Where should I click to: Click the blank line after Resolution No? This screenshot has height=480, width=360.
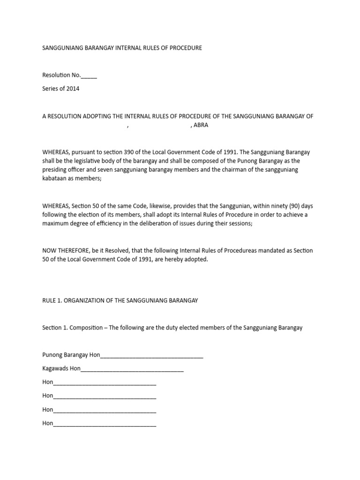[x=89, y=75]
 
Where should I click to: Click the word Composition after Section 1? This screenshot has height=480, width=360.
[x=86, y=328]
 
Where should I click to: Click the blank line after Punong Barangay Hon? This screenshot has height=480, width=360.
[x=152, y=355]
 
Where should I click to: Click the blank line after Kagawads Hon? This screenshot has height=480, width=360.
[x=132, y=369]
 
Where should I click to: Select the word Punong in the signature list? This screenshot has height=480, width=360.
[x=52, y=355]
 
